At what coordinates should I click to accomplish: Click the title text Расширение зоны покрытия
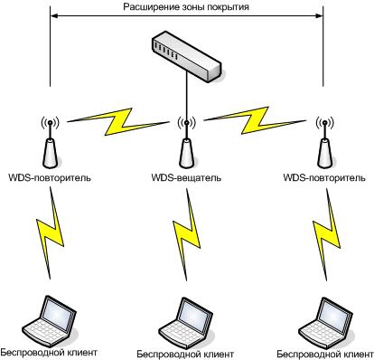(186, 6)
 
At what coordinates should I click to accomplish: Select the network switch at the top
(187, 56)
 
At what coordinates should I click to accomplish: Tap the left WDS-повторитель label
(50, 177)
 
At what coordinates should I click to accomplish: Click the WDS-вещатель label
(186, 177)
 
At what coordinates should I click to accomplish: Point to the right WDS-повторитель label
(324, 177)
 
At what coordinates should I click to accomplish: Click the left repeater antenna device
(50, 142)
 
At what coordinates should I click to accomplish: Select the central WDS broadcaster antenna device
(187, 142)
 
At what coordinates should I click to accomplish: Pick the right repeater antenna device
(324, 142)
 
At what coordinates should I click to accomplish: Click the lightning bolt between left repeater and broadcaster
(118, 121)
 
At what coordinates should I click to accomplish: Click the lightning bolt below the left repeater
(50, 232)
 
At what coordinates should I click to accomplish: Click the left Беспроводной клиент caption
(49, 352)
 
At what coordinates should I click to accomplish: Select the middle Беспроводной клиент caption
(185, 354)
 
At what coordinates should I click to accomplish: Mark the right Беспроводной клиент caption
(325, 354)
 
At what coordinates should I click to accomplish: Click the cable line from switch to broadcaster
(187, 96)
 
